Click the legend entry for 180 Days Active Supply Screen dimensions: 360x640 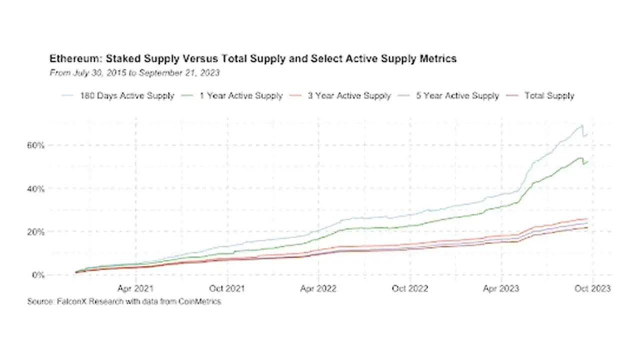[x=127, y=95]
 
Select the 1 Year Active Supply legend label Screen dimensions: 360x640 [x=241, y=95]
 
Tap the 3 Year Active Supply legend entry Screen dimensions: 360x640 [x=349, y=95]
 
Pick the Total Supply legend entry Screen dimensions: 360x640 [x=549, y=95]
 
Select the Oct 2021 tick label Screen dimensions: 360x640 [x=227, y=288]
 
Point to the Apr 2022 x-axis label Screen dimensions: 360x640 [x=319, y=288]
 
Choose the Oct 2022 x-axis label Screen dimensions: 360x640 [x=410, y=288]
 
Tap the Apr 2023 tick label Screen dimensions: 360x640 [x=501, y=288]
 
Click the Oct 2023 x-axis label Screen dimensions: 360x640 [x=593, y=288]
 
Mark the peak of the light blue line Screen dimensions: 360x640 [x=581, y=125]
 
